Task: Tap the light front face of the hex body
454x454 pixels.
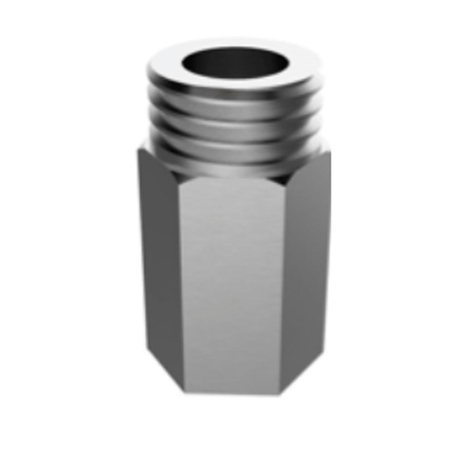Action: point(232,281)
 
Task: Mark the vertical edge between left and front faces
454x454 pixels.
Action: point(180,281)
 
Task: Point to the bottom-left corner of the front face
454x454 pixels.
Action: point(184,391)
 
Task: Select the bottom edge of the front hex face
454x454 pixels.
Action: point(232,393)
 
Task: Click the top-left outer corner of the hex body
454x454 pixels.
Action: point(138,151)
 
